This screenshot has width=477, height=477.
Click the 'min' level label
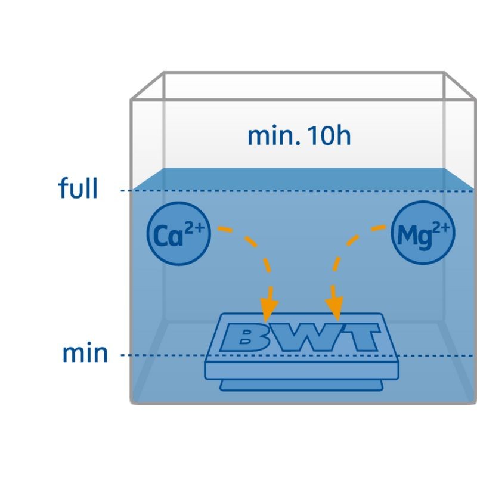(x=85, y=353)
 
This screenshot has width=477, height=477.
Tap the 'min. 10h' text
(x=299, y=137)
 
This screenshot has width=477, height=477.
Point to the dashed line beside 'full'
(x=298, y=191)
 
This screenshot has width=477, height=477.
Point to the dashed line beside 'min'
(x=161, y=355)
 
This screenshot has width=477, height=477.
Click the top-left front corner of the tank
(x=132, y=100)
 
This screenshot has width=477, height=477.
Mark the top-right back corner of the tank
(x=443, y=73)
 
